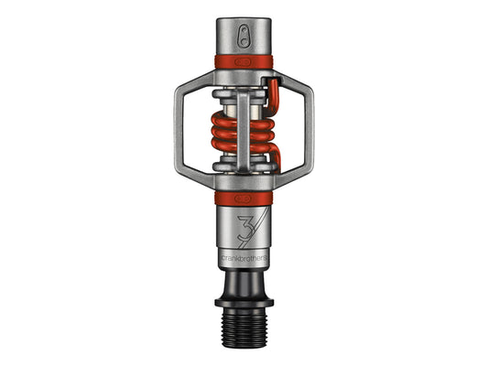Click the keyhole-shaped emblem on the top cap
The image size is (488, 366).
coord(244,36)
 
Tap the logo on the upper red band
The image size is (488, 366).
coord(243,62)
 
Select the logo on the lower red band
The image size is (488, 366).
coord(243,199)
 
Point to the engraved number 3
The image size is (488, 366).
coord(246,228)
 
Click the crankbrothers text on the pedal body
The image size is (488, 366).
coord(244,258)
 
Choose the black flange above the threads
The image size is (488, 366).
coord(244,302)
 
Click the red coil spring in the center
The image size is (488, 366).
coord(243,133)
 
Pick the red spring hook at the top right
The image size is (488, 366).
coord(272,95)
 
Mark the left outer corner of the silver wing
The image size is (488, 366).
coord(176,131)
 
